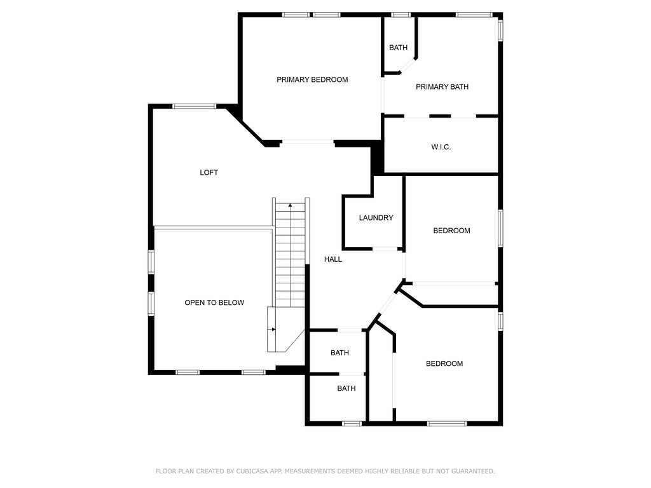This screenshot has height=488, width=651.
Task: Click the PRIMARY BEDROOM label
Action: click(312, 79)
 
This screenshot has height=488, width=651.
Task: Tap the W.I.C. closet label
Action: click(441, 147)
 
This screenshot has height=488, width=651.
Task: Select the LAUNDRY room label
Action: click(376, 217)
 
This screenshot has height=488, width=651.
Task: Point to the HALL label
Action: click(333, 259)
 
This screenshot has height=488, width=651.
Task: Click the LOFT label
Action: click(209, 173)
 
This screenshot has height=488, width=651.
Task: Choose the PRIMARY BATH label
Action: click(442, 86)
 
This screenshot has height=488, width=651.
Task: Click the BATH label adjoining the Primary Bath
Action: click(398, 48)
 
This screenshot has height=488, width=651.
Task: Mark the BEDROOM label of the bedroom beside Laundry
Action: click(452, 231)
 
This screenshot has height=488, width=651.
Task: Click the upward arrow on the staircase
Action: click(290, 205)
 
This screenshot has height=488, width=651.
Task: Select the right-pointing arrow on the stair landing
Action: click(273, 330)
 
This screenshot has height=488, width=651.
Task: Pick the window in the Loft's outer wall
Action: click(195, 106)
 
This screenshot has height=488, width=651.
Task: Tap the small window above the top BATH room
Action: click(401, 15)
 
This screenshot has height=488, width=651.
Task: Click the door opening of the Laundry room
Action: click(385, 249)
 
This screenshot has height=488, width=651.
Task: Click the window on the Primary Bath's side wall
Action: click(501, 30)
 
